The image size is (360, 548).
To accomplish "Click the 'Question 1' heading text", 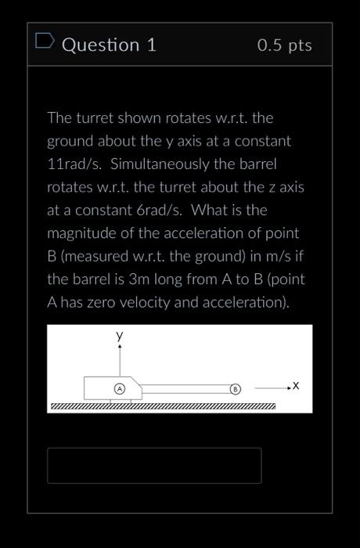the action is point(109,45).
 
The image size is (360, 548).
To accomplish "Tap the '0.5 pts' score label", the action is point(284,45).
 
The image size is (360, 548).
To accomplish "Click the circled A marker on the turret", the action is point(120,388).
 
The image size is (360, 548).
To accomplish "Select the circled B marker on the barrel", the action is point(235,388).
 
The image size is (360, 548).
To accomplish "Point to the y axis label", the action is point(120,335).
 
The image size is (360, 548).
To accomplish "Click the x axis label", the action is point(295,386).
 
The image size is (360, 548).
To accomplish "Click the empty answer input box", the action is point(154,465).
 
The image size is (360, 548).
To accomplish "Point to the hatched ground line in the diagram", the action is point(163,406).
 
